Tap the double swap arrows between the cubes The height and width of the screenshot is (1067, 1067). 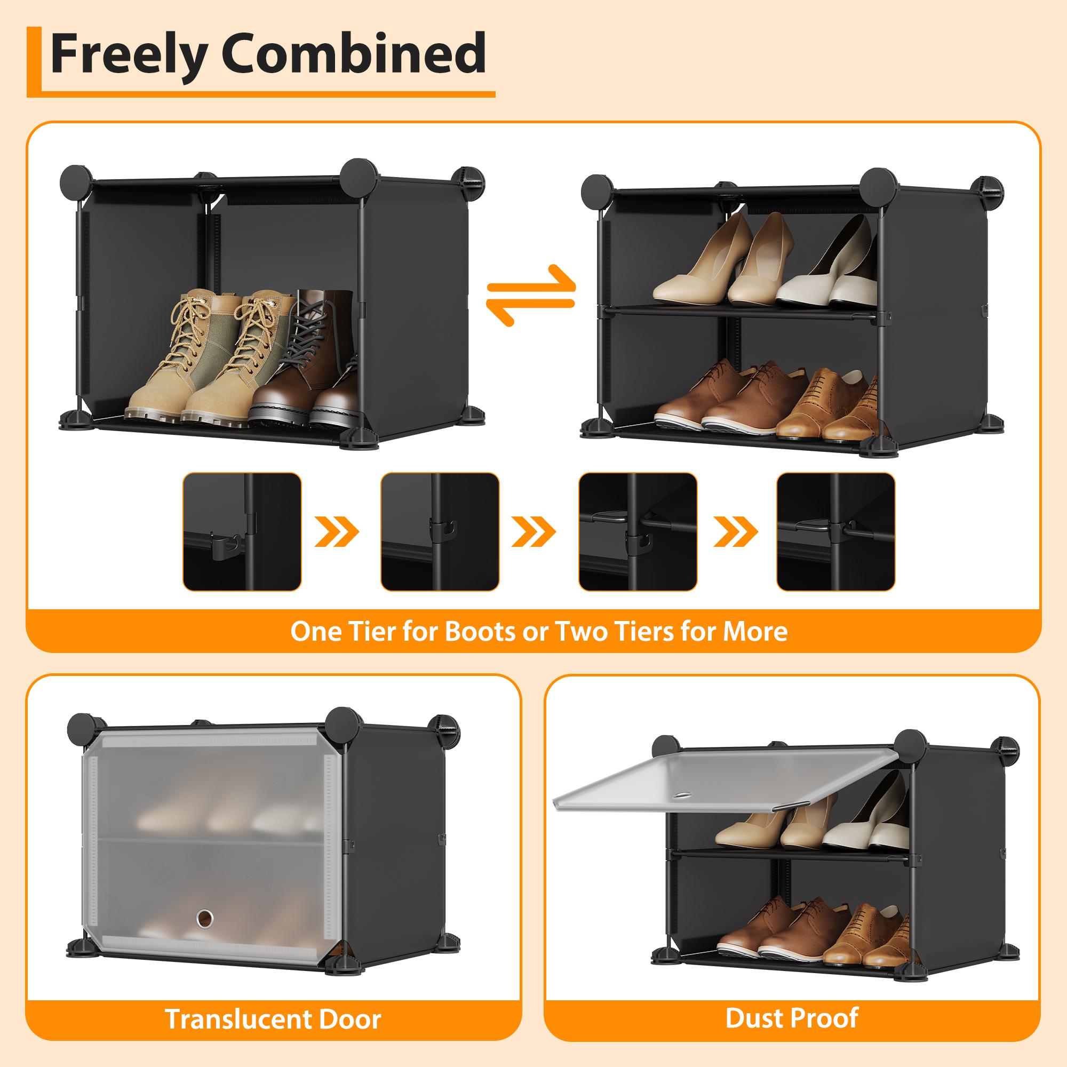531,296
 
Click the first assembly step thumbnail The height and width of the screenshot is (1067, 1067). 242,531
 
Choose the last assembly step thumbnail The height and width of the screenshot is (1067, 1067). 835,531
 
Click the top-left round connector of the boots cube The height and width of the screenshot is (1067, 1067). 76,180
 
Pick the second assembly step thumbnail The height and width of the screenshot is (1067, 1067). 440,531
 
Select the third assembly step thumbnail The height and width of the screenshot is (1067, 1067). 638,531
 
